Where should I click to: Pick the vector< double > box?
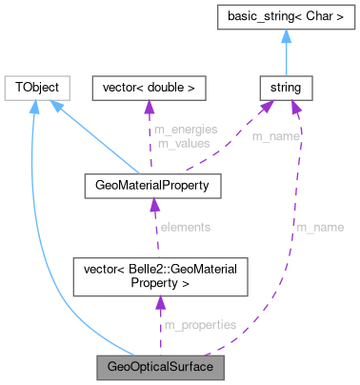[148, 88]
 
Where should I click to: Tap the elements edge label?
[186, 227]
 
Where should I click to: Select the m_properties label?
[199, 325]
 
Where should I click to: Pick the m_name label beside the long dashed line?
[319, 227]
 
